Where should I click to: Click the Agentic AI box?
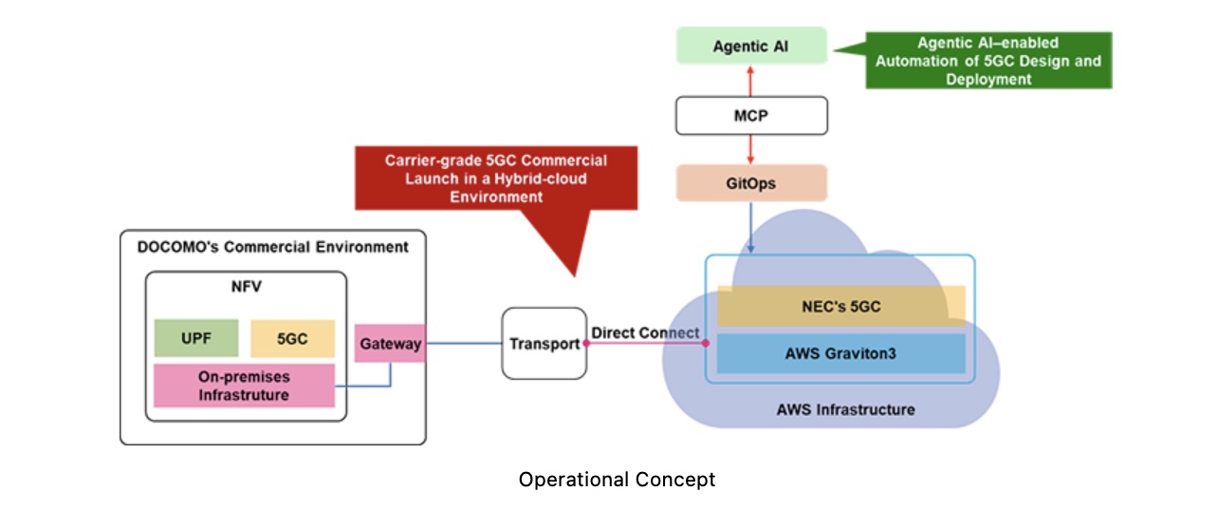(x=750, y=47)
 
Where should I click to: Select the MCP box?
(x=750, y=115)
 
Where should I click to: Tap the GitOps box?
(x=750, y=183)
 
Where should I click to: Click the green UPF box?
(x=196, y=338)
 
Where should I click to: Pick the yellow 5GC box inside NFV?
(x=292, y=338)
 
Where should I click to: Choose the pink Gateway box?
(x=390, y=344)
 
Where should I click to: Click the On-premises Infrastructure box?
(x=244, y=386)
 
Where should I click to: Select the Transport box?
(x=544, y=344)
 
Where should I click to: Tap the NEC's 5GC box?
(x=840, y=306)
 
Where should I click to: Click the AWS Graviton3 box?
(x=840, y=353)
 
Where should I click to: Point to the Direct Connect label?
(x=645, y=333)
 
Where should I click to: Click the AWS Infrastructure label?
(x=845, y=410)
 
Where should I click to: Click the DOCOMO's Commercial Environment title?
(x=272, y=247)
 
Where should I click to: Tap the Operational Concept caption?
(x=617, y=480)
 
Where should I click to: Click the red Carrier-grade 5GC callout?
(x=495, y=178)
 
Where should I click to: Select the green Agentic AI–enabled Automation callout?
(x=987, y=62)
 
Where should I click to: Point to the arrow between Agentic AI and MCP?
(x=750, y=81)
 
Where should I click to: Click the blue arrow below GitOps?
(x=750, y=228)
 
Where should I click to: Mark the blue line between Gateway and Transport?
(x=463, y=343)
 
